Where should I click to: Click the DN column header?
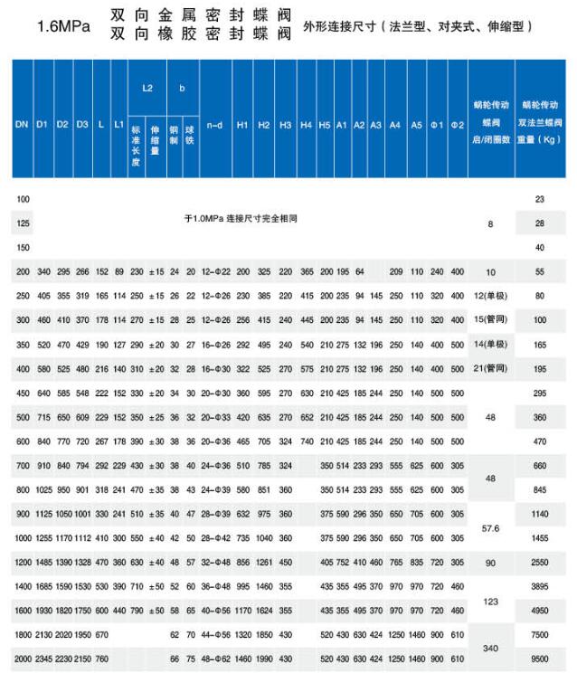tap(21, 123)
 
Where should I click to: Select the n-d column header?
tap(214, 123)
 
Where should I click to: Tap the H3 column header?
tap(285, 123)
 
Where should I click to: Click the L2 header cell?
tap(147, 88)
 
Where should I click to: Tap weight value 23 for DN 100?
tap(540, 198)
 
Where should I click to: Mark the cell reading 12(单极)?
tap(491, 296)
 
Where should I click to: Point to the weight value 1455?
tap(539, 536)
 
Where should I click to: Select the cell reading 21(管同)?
tap(491, 369)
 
